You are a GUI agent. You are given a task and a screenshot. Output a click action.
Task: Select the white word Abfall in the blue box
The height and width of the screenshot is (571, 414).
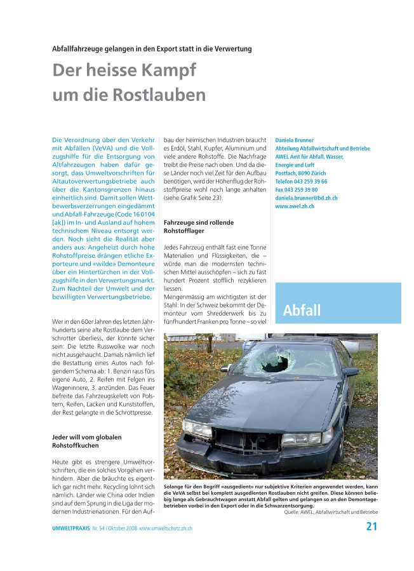[x=302, y=311]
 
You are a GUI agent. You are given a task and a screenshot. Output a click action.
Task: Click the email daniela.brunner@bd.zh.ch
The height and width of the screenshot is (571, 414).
[x=306, y=198]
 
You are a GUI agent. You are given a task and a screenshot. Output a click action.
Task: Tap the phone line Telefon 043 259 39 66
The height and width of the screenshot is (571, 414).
[x=301, y=182]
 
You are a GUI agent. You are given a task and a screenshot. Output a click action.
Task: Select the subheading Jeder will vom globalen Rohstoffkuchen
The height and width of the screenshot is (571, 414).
[x=86, y=441]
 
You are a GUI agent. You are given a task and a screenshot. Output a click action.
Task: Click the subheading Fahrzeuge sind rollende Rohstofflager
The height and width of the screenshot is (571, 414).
[x=199, y=227]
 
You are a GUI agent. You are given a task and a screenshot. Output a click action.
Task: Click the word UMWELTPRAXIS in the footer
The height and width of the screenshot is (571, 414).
[x=71, y=528]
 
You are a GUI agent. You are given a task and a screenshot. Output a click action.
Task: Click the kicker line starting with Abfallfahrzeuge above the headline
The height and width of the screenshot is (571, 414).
[x=152, y=48]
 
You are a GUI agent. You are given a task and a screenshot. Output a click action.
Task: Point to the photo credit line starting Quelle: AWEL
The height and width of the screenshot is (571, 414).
[x=330, y=511]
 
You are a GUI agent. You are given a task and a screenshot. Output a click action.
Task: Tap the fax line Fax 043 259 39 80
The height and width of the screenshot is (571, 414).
[x=297, y=190]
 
